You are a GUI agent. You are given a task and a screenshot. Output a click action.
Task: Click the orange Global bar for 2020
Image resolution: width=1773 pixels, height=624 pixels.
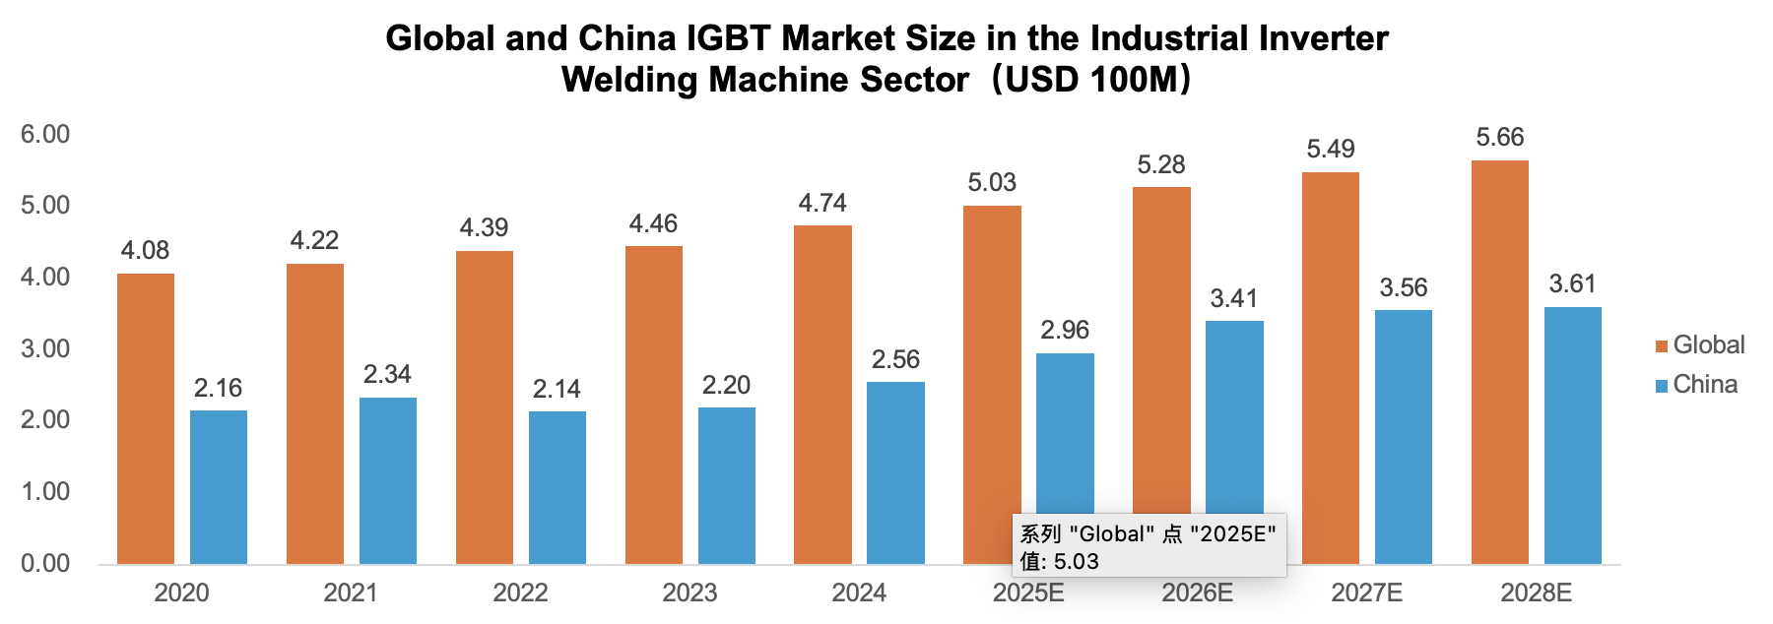146,418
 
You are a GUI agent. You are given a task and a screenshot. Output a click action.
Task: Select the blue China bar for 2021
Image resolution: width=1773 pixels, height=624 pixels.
388,480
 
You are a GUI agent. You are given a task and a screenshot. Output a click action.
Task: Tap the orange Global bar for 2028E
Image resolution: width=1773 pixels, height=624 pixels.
1500,362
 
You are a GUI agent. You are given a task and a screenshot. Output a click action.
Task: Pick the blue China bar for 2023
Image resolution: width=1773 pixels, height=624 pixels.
727,485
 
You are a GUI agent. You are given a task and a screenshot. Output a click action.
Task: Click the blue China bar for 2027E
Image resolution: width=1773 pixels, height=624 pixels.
1404,437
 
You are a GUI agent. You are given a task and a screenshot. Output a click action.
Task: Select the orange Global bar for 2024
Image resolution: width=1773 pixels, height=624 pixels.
822,394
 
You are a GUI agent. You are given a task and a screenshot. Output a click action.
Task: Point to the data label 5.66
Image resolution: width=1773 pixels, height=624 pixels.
1500,138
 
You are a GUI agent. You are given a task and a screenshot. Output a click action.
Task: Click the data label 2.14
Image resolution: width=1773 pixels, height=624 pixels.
557,390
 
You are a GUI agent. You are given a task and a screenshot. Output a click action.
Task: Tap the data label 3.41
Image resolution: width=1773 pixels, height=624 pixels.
1234,299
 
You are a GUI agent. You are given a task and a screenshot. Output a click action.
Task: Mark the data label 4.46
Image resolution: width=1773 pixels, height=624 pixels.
653,224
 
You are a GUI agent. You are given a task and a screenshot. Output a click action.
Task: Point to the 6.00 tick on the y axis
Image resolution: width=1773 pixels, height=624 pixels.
45,135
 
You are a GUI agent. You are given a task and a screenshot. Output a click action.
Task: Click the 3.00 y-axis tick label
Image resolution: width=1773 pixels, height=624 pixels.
45,349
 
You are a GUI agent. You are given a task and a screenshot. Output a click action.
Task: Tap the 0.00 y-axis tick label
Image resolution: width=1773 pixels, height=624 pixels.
45,563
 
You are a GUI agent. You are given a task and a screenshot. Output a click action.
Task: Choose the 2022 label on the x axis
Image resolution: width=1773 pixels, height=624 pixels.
520,593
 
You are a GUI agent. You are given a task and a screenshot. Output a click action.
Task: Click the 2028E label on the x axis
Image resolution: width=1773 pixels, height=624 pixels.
1536,593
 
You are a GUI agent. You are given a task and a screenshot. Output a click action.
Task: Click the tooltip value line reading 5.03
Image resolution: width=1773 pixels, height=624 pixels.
1059,561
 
